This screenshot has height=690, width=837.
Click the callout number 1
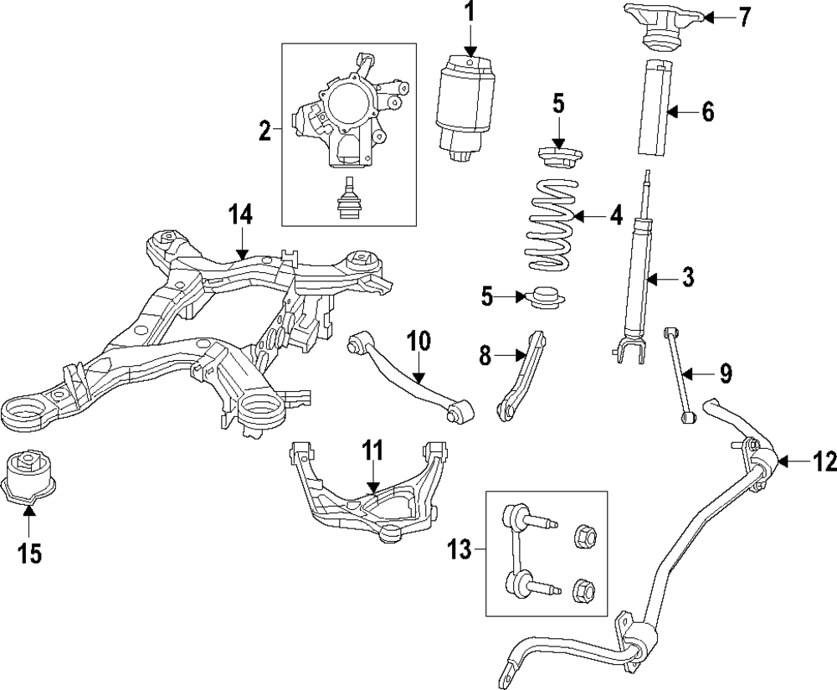point(470,13)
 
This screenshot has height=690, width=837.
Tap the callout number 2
point(264,131)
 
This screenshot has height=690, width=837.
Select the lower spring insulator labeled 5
point(544,298)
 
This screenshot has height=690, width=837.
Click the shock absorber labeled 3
point(636,276)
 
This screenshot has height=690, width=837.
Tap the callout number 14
point(240,215)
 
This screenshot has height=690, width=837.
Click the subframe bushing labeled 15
point(30,477)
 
